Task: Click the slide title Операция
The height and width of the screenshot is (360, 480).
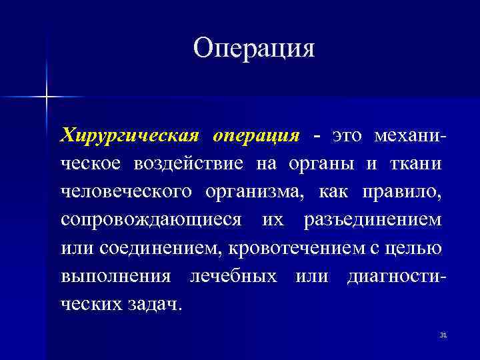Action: [x=253, y=48]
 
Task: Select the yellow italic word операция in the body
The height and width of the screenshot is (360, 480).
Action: [x=256, y=136]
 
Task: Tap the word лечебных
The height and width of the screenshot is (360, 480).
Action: [x=233, y=275]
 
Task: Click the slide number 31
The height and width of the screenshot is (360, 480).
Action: [x=443, y=335]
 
